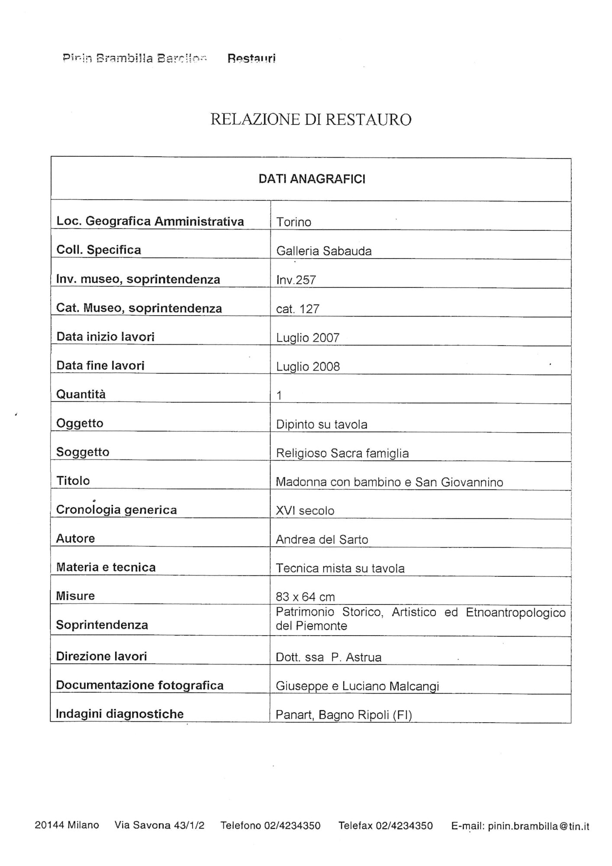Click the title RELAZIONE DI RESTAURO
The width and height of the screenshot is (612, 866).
[311, 120]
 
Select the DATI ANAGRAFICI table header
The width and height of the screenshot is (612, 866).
[312, 179]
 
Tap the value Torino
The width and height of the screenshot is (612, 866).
[294, 222]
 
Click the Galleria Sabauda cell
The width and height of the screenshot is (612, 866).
[324, 251]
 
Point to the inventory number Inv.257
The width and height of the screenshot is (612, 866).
[296, 280]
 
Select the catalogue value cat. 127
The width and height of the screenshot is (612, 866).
[298, 309]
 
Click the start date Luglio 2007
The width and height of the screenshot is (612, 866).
[308, 338]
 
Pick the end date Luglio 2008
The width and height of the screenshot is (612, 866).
[308, 367]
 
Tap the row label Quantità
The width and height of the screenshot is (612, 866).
[81, 394]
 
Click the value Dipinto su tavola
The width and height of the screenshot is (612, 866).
[322, 424]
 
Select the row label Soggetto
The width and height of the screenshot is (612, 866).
[83, 452]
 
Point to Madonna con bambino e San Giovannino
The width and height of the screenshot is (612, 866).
[389, 482]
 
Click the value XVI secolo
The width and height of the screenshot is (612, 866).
[305, 511]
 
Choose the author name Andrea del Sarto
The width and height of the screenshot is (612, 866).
[322, 540]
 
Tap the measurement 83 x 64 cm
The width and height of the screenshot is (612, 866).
[305, 597]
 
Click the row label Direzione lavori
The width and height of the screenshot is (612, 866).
[102, 656]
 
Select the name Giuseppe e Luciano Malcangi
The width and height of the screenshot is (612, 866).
[358, 686]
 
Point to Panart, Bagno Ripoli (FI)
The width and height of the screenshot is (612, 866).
[344, 715]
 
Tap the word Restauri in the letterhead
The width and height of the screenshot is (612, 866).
[251, 58]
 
